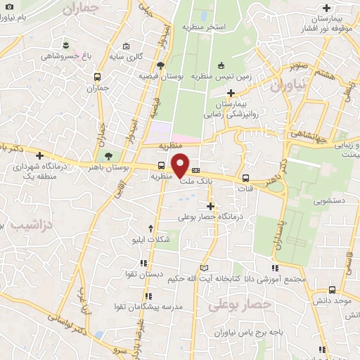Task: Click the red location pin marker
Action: coord(181,165)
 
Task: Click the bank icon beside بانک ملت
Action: coord(196,169)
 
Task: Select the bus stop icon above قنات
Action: coord(246,178)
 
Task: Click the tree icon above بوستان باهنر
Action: coord(108,157)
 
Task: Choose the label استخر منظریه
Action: coord(203,27)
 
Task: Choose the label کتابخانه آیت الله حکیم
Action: coord(207,279)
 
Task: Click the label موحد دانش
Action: coord(334,300)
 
